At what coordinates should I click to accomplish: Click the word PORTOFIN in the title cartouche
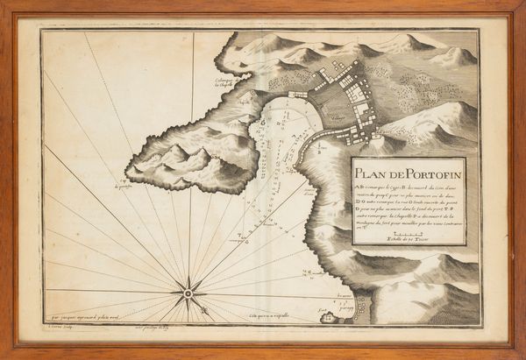pos(424,169)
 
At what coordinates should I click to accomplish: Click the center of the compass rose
pos(188,290)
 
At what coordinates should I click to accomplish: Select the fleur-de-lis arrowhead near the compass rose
pos(203,307)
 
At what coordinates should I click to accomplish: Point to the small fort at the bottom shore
pos(328,317)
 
